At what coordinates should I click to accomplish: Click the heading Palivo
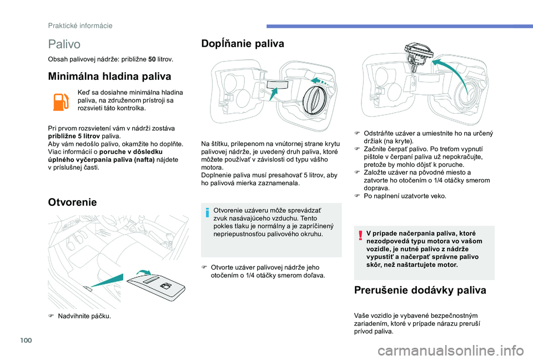(64, 43)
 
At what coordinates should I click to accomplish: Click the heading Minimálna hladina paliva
(109, 77)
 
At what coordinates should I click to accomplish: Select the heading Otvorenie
(72, 202)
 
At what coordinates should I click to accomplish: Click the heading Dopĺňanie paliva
(243, 43)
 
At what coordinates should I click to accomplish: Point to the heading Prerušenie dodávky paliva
(420, 290)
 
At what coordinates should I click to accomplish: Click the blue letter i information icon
(208, 211)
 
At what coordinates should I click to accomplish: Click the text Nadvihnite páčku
(83, 316)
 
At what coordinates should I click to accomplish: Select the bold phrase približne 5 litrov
(73, 135)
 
